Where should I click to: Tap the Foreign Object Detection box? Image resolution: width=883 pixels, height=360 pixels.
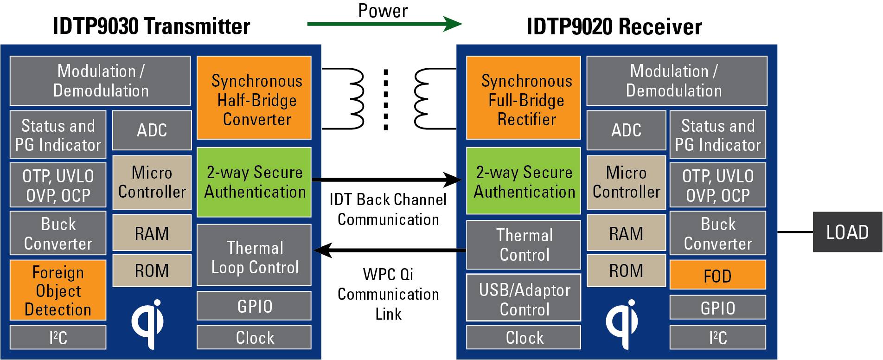click(58, 290)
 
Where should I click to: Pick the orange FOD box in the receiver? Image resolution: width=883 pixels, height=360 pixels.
click(717, 275)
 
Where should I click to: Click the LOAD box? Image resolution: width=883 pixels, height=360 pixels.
click(847, 232)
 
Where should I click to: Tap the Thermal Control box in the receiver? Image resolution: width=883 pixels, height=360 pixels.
click(524, 245)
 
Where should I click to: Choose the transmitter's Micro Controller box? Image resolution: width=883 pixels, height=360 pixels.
click(152, 182)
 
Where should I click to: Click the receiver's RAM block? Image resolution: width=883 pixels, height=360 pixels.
click(626, 233)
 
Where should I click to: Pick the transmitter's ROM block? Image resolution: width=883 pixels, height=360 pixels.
click(152, 270)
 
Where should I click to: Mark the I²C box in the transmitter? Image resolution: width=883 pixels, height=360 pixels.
click(58, 337)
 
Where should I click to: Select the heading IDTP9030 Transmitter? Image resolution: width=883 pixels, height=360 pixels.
click(151, 26)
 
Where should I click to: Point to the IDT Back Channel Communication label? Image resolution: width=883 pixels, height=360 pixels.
click(388, 209)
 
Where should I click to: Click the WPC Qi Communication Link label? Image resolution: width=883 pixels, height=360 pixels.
click(388, 294)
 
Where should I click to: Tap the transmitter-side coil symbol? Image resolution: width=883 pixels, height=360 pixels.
click(355, 98)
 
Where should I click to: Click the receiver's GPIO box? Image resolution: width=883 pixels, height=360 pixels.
click(717, 308)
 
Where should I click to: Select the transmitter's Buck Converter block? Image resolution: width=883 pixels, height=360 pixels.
click(58, 233)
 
